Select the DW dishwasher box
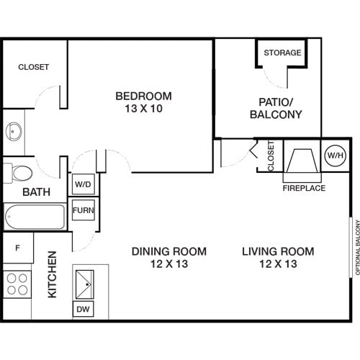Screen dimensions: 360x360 click(x=83, y=310)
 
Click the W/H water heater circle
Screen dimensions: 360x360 click(x=335, y=155)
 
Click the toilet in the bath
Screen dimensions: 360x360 click(x=20, y=174)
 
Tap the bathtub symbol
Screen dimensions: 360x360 click(x=35, y=216)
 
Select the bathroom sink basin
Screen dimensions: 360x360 click(x=14, y=132)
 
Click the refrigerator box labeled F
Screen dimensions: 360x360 click(x=17, y=248)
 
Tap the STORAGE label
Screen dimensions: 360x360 click(x=281, y=53)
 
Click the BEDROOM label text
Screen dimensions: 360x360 click(x=144, y=96)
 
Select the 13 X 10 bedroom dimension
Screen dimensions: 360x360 click(x=144, y=109)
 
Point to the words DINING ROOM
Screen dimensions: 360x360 click(x=168, y=251)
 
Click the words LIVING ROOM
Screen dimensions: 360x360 click(x=277, y=251)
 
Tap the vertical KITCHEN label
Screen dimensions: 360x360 click(x=53, y=274)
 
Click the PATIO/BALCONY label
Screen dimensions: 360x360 click(x=275, y=107)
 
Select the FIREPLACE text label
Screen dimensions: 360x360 click(x=304, y=188)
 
